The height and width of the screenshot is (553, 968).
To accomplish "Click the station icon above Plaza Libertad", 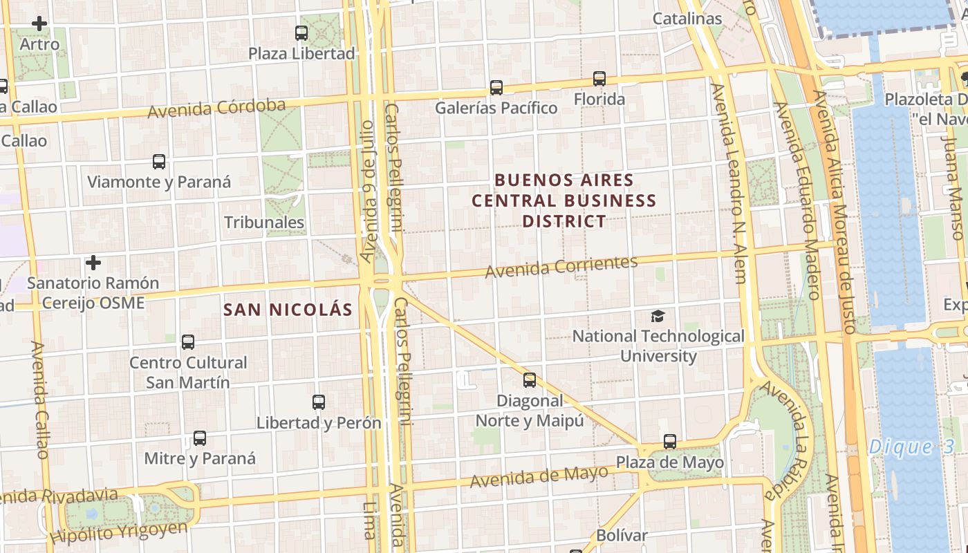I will (301, 32).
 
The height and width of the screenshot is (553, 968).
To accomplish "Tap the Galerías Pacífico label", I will (496, 108).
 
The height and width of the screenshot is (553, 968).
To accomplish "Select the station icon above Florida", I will (599, 79).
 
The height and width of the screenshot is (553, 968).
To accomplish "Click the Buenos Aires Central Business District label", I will (564, 200).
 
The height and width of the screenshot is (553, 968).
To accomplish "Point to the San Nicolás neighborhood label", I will (288, 310).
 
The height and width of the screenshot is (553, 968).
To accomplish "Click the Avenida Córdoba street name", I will (216, 109).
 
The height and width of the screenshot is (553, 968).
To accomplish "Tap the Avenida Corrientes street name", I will (561, 267).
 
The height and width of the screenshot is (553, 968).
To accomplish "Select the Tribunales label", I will (264, 222).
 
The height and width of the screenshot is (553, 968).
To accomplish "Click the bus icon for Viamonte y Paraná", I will (159, 162).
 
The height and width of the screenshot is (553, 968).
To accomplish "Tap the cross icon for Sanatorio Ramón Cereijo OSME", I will (93, 263).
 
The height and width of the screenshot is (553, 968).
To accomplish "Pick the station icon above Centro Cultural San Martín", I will (188, 341).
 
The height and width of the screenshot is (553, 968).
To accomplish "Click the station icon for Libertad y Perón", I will (319, 402).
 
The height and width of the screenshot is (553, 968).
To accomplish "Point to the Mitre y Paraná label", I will (200, 458).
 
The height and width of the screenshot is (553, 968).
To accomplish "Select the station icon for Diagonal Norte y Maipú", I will (530, 379).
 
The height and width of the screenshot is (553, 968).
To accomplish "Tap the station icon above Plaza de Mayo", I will (670, 441).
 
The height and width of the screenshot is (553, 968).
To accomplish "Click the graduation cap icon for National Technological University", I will (658, 316).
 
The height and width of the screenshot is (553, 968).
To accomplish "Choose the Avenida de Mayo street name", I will (539, 476).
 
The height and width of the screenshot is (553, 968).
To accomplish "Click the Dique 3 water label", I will (911, 447).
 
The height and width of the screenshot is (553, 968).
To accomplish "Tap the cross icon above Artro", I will (39, 24).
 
